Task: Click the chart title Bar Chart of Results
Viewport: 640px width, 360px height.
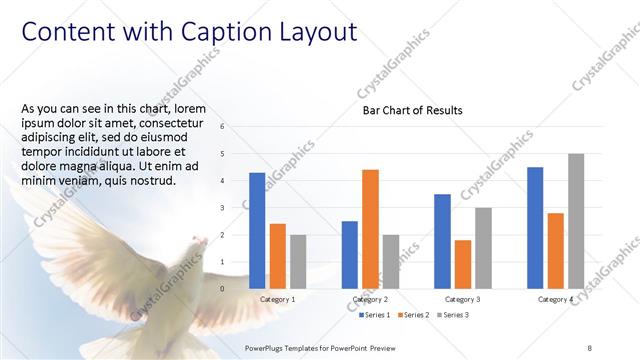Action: (412, 110)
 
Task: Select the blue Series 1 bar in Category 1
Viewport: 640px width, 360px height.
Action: (257, 230)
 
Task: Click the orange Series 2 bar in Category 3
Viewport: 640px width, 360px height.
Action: (462, 264)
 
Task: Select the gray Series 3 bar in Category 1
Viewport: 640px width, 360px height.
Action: (298, 261)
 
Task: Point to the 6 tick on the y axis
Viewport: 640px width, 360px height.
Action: (236, 127)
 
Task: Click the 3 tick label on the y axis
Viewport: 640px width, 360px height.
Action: (236, 208)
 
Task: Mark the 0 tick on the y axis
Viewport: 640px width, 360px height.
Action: (236, 289)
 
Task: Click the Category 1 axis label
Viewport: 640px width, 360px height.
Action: (277, 299)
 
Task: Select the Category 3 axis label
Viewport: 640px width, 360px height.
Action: (463, 299)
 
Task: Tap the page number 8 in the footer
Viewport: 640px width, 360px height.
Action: (590, 345)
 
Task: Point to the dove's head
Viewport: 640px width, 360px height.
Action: (196, 243)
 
